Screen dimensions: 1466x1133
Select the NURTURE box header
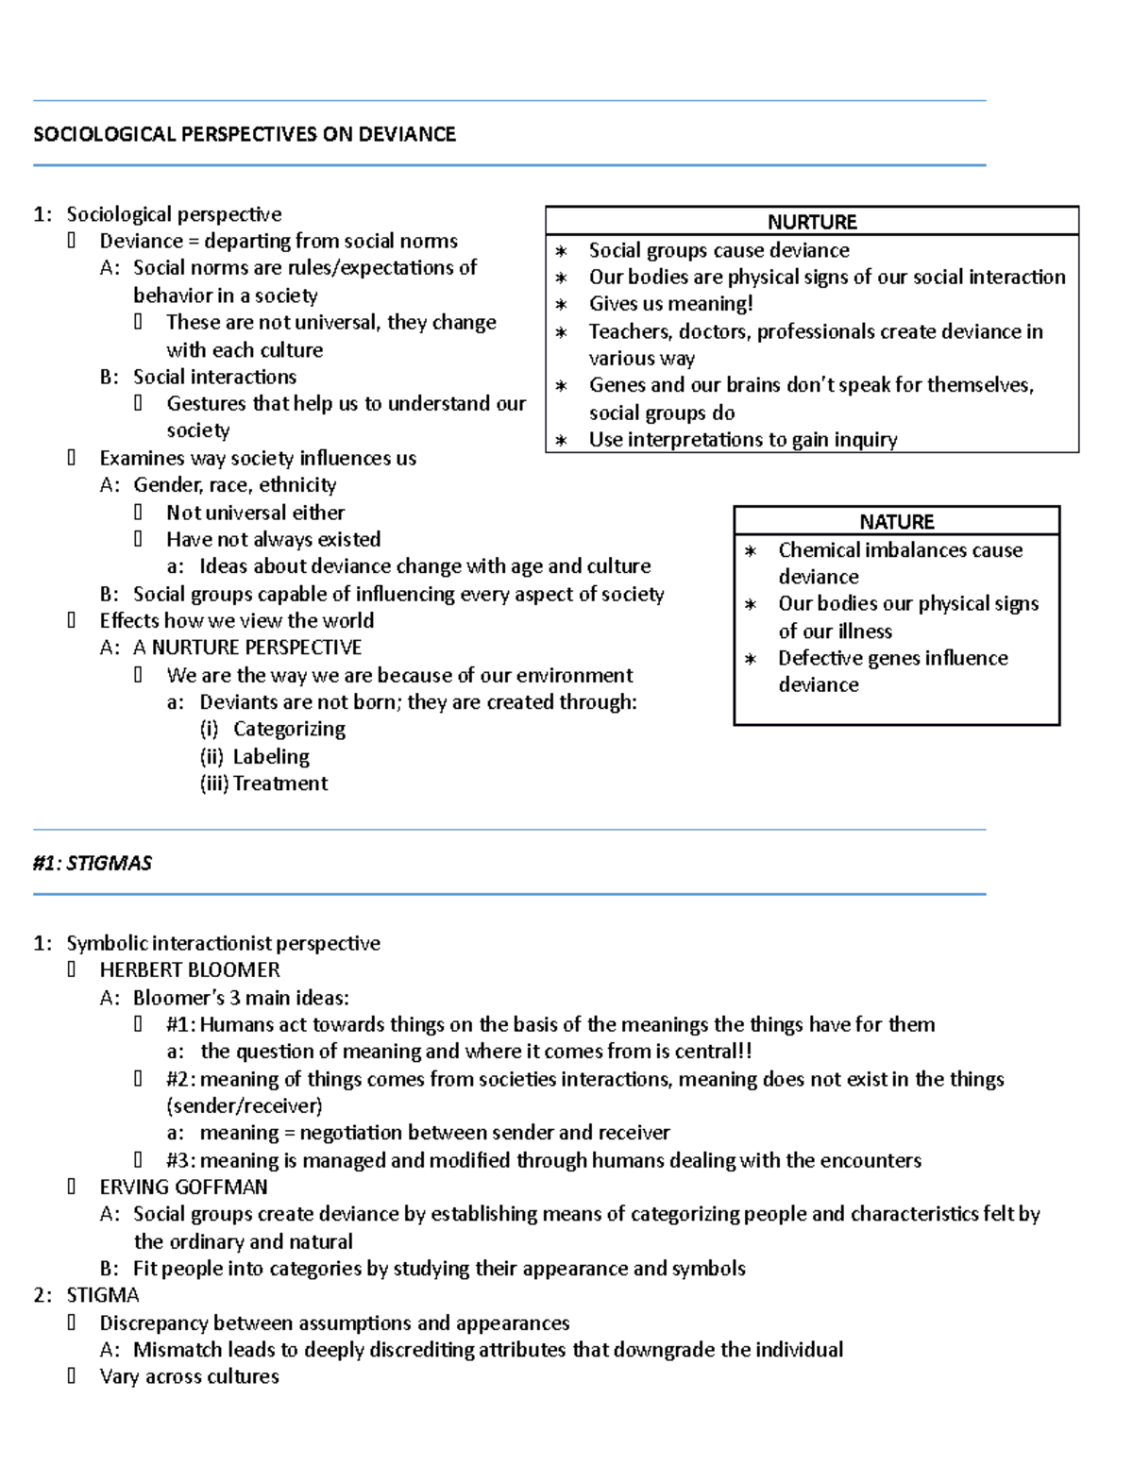pos(811,222)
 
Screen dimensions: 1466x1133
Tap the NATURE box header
pos(896,521)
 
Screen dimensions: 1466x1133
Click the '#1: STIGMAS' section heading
pos(92,863)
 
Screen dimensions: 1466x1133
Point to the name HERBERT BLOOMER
pos(190,969)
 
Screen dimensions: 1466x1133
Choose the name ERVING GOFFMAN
pos(183,1187)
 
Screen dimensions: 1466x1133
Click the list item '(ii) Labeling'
pos(254,756)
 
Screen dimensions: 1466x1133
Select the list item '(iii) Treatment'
pos(263,783)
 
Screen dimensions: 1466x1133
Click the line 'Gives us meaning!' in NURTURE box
pos(670,303)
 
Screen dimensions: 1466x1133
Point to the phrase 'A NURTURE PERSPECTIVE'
pos(247,648)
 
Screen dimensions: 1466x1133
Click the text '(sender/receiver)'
pos(244,1105)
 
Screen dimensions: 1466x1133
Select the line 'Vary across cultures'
pos(189,1376)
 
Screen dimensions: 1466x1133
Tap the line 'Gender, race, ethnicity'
pos(234,485)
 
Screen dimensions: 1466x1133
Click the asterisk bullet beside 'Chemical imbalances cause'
pos(751,550)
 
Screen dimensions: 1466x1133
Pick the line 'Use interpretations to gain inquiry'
pos(742,439)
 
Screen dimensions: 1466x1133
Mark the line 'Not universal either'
pos(255,513)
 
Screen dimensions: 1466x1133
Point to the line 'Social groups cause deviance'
pos(719,250)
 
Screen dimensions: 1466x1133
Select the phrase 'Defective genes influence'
pos(892,658)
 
